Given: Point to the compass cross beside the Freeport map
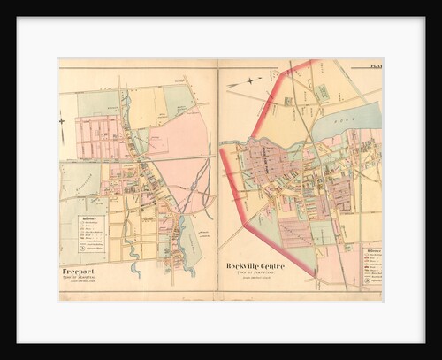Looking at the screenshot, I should tap(62, 119).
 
